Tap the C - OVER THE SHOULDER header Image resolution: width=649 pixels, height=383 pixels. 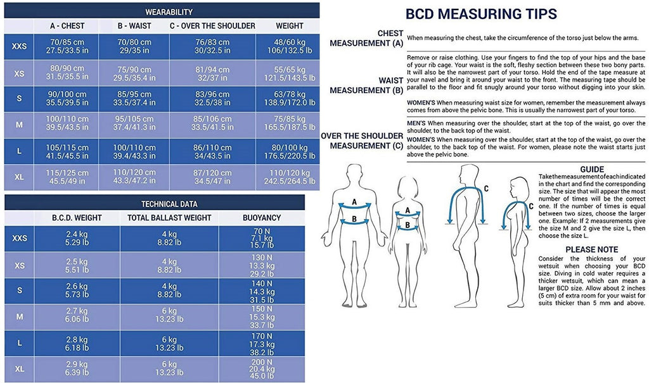click(x=212, y=26)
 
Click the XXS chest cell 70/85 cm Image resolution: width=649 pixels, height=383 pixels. click(x=67, y=46)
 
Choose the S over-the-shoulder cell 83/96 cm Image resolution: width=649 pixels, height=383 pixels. click(x=212, y=98)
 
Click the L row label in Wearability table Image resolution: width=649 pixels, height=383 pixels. click(x=19, y=151)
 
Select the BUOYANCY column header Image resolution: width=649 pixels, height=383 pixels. click(x=262, y=218)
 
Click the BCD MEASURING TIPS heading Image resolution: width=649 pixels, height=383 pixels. click(x=481, y=14)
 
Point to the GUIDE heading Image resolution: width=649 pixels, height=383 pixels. click(x=592, y=169)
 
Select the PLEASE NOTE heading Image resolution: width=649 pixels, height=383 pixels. click(x=592, y=249)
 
